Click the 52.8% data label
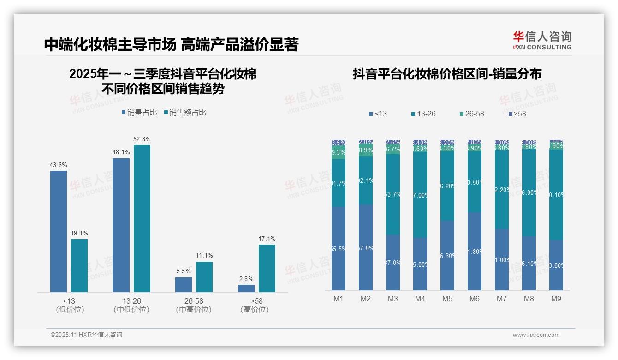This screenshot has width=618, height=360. (142, 139)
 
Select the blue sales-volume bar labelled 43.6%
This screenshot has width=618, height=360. (59, 231)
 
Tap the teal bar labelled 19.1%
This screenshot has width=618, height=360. (79, 265)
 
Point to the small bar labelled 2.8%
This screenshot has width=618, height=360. (246, 288)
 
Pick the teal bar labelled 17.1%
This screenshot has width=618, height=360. (267, 268)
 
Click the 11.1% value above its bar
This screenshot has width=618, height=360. (204, 255)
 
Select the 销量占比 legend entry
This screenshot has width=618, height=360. (139, 113)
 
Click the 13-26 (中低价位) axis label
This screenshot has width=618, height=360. (131, 305)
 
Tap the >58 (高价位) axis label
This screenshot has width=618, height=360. (254, 305)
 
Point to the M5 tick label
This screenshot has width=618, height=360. (447, 299)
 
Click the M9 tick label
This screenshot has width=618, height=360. (556, 299)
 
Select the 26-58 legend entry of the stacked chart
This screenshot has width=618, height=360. (471, 114)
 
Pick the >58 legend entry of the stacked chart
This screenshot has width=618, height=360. (517, 114)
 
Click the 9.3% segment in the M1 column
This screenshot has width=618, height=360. (339, 152)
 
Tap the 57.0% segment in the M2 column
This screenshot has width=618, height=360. (366, 247)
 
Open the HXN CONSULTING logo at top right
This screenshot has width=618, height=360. (542, 40)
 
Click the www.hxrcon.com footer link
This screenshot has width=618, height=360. (536, 335)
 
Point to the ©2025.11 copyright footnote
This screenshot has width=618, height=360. (86, 335)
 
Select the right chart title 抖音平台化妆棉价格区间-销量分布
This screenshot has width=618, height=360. (447, 74)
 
